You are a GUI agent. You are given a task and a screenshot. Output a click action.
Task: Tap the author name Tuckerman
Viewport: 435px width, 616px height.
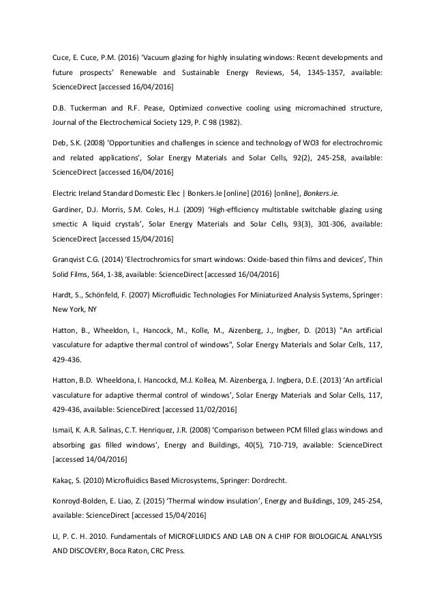pyautogui.click(x=89, y=108)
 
